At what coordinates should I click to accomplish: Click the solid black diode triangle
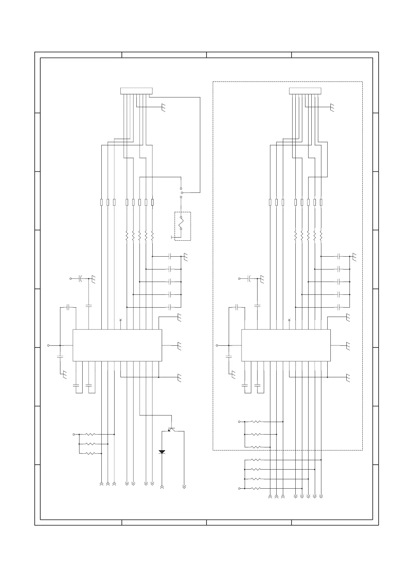click(162, 452)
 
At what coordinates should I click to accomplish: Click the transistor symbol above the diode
click(171, 429)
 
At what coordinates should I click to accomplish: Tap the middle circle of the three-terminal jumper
click(182, 192)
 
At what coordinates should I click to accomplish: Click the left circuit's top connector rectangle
click(136, 91)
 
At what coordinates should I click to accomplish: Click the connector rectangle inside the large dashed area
click(305, 91)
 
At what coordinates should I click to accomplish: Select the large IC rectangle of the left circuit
click(117, 345)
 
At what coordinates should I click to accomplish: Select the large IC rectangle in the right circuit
click(286, 345)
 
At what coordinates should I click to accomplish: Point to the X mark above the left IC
click(120, 320)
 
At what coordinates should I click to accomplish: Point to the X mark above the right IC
click(289, 320)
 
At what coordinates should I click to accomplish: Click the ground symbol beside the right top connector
click(332, 108)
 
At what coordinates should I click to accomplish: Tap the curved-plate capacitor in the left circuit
click(80, 278)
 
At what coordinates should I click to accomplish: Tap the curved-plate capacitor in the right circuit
click(249, 278)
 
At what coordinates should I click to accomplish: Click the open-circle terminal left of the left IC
click(49, 345)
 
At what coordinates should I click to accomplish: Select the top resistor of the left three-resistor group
click(90, 434)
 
